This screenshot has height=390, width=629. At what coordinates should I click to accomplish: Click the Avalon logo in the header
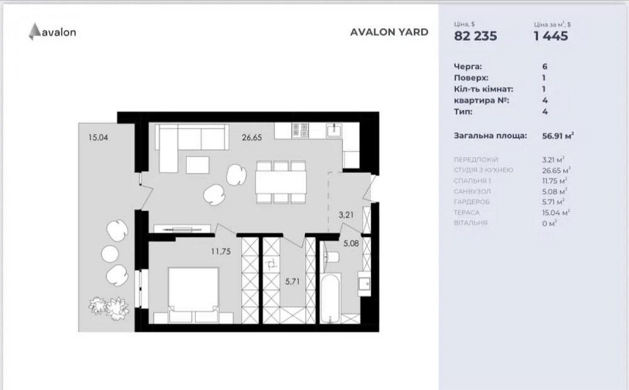point(52,31)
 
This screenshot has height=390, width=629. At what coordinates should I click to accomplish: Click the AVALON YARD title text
point(389,32)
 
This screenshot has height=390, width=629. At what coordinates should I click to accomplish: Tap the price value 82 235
point(476,36)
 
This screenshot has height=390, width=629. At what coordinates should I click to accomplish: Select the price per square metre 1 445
point(551,36)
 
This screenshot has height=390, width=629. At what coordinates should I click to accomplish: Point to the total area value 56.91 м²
point(558,136)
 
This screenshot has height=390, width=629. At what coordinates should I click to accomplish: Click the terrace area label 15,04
point(98,138)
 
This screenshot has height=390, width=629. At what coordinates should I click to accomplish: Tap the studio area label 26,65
point(252,138)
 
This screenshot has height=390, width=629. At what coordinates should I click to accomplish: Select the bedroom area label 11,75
point(221,252)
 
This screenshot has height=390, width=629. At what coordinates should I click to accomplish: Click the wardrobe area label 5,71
point(292,282)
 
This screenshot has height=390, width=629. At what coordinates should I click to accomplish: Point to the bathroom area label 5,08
point(351,243)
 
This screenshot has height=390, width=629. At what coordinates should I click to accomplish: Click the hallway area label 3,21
point(346,215)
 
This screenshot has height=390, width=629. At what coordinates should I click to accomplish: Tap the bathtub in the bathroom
point(330,298)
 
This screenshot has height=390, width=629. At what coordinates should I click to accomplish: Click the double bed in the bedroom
point(193,295)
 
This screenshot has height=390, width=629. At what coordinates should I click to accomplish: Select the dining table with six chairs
point(281,182)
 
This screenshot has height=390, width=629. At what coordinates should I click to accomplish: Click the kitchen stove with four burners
point(300,130)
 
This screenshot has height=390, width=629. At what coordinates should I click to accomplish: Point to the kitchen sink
point(334,130)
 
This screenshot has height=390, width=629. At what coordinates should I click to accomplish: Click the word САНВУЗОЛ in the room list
point(472,191)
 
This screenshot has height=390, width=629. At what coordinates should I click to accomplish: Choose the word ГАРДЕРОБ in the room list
point(472,202)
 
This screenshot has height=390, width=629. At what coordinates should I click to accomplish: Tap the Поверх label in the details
point(471,78)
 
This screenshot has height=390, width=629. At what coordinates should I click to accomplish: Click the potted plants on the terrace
point(109,306)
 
